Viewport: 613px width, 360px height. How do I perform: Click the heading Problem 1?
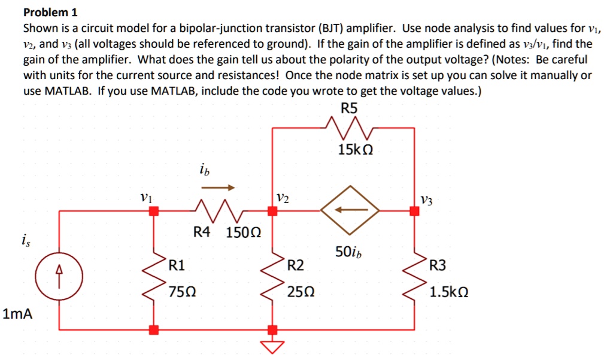point(50,13)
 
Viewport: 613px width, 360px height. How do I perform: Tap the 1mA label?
point(17,313)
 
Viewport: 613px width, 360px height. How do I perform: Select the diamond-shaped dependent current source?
point(350,210)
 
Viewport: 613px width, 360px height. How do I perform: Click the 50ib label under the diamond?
point(349,252)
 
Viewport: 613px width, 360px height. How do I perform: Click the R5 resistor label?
point(349,108)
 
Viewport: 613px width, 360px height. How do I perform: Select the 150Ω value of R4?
point(243,232)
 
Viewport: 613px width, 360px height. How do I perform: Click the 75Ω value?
point(182,293)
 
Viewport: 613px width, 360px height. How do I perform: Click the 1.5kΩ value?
point(449,293)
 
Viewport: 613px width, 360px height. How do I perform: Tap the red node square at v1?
point(154,210)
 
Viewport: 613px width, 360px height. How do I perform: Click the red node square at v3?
point(414,210)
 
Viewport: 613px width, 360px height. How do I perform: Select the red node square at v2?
point(272,210)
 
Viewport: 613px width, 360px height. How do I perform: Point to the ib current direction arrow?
point(218,187)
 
